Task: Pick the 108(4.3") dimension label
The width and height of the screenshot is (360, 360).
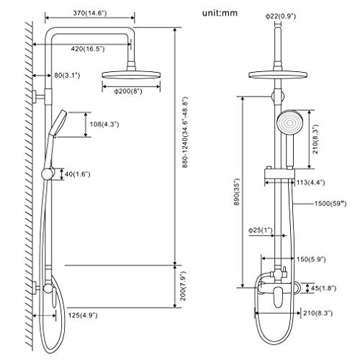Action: pos(103,123)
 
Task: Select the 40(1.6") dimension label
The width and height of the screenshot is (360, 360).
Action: pos(77,173)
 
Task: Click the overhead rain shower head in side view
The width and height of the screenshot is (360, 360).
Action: pos(130,75)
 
